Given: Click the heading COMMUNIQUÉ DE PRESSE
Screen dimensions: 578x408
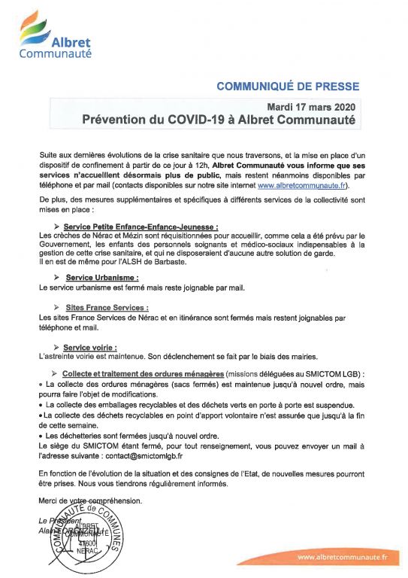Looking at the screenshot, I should pos(288,87).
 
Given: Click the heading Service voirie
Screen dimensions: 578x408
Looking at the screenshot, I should pos(89,347).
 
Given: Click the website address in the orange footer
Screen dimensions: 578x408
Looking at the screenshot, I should pos(342,557).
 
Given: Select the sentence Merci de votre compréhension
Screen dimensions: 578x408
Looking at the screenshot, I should pos(89,500).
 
